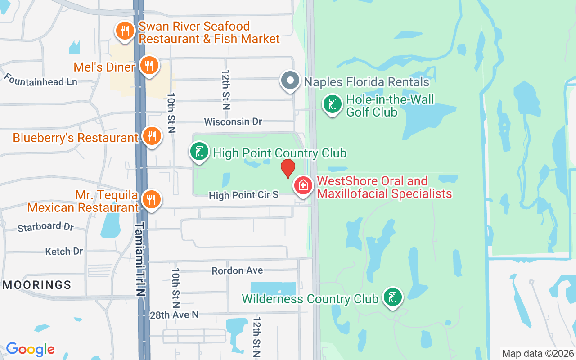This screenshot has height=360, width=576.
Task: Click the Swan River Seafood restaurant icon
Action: [123, 31]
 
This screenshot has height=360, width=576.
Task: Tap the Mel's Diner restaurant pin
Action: [148, 66]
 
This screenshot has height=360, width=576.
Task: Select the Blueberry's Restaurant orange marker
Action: [152, 136]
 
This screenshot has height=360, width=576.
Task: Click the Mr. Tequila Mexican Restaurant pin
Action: [151, 199]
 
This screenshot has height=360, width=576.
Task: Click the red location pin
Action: [288, 168]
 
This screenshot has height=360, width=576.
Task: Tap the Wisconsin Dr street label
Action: [233, 122]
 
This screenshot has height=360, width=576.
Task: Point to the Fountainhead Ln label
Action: [40, 79]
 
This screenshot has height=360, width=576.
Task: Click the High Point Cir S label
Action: [243, 195]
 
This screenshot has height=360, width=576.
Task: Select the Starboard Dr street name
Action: [45, 227]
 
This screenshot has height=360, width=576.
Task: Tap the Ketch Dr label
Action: [64, 252]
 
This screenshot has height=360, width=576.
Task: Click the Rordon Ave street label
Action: [237, 270]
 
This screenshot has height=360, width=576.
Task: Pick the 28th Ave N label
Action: [174, 315]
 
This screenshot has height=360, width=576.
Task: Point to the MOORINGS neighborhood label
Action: [37, 285]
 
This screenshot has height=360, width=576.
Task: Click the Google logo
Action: [30, 349]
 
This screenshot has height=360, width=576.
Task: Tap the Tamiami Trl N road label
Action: [141, 259]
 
